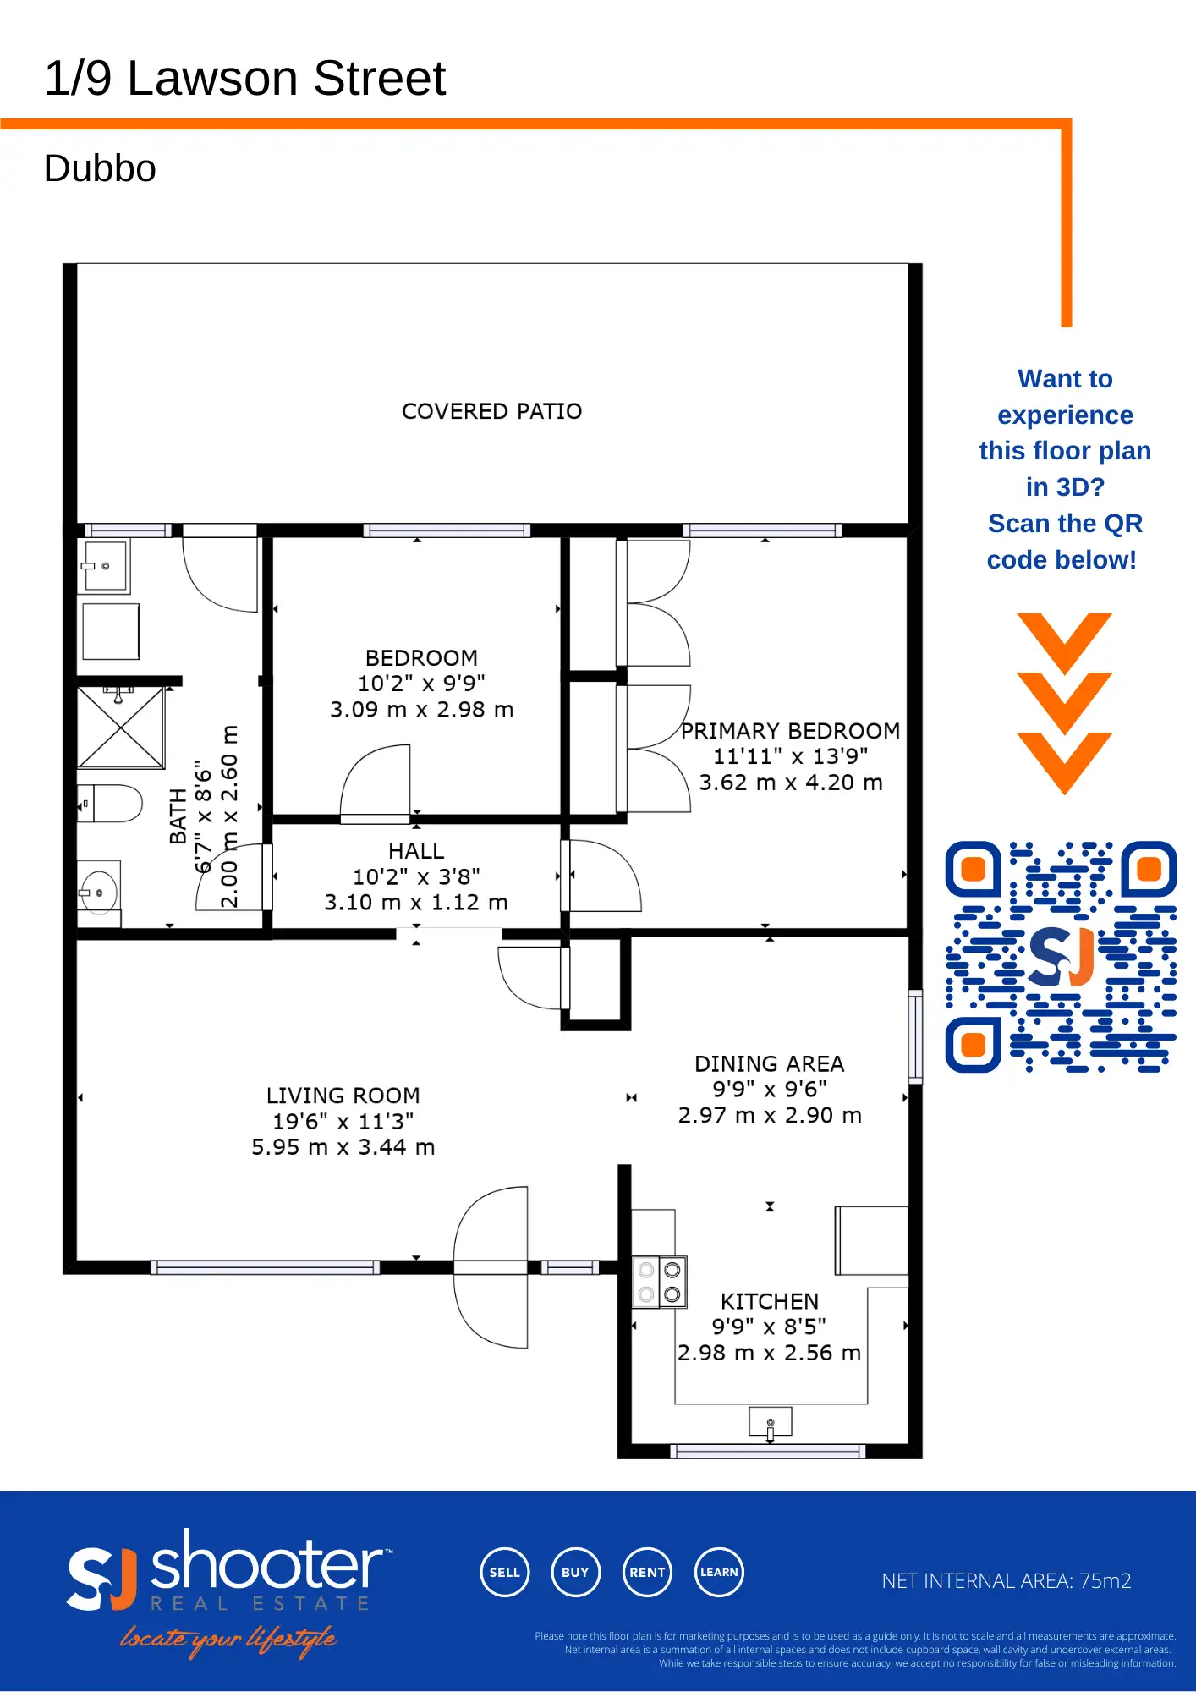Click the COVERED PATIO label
coord(491,411)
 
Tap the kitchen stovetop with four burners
coord(660,1282)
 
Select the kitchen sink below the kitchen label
coord(770,1422)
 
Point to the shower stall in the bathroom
coord(121,728)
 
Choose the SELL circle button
coord(504,1572)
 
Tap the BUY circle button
coord(575,1572)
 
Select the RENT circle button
coord(647,1572)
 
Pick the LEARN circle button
coord(719,1572)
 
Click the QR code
coord(1061,957)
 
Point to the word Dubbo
coord(100,168)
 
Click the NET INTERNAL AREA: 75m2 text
coord(1006,1580)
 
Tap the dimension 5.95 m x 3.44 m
coord(343,1147)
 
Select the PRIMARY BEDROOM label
coord(790,731)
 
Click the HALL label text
coord(416,851)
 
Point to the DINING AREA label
coord(769,1064)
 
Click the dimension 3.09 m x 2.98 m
coord(421,710)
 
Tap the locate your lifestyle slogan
coord(228,1640)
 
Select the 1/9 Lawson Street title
coord(244,79)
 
